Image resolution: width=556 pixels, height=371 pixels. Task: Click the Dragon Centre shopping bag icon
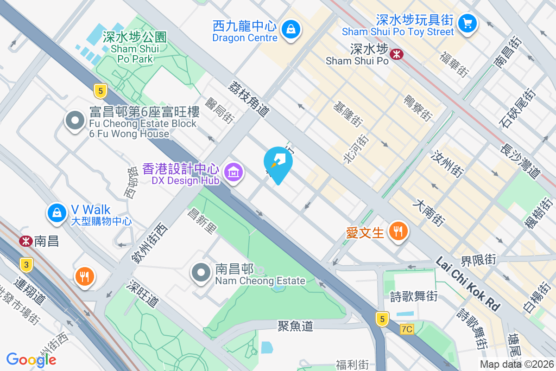click(x=291, y=29)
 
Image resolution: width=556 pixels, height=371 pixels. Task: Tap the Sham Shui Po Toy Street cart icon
click(x=467, y=23)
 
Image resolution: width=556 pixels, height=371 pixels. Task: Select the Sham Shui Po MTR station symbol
click(x=397, y=55)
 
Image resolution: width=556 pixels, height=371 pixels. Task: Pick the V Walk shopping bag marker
click(x=57, y=213)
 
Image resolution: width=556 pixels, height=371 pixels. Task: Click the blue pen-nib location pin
click(x=278, y=164)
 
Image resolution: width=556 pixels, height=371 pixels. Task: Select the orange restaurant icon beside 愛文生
click(x=398, y=231)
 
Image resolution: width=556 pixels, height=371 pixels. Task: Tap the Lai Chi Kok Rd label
click(x=468, y=284)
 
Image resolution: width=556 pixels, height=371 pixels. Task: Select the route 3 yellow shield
click(x=27, y=264)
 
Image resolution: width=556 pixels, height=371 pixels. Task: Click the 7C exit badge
click(x=407, y=329)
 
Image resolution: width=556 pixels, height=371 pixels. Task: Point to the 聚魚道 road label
click(x=296, y=326)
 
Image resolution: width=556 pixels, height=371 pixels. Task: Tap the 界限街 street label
click(x=478, y=260)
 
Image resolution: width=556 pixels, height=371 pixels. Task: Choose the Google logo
click(x=31, y=359)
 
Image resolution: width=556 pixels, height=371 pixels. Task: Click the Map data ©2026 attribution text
click(x=517, y=365)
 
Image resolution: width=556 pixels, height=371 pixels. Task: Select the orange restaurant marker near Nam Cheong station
click(x=84, y=277)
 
